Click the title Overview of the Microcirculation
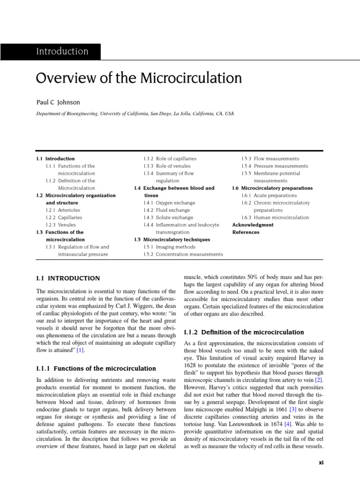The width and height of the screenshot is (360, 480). coord(139,78)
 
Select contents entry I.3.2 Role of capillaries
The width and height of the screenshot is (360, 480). coord(170,159)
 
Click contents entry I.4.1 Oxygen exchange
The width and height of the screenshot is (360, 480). coord(169,203)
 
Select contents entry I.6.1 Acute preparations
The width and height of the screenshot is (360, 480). coord(269,195)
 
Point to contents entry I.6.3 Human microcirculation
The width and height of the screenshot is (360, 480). coord(275,217)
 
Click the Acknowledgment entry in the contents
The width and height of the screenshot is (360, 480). coord(253,225)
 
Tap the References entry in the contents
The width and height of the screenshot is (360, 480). coord(246,232)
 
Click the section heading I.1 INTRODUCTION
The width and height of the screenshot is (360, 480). coord(68,278)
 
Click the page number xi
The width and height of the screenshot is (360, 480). coord(321,462)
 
